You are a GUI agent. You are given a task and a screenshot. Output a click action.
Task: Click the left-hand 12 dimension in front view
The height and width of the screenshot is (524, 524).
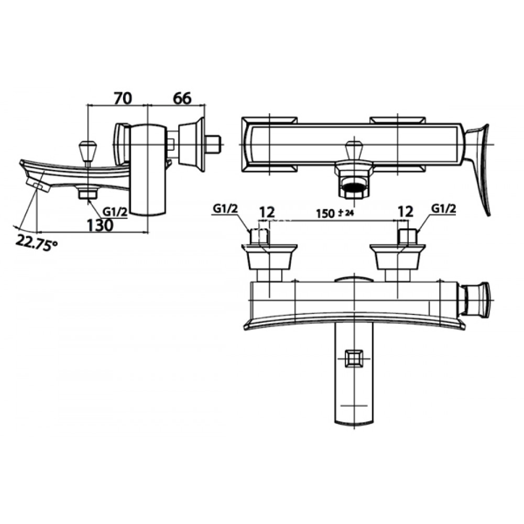tap(267, 212)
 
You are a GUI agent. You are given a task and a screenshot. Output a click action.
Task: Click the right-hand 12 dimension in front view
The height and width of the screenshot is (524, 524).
tap(405, 212)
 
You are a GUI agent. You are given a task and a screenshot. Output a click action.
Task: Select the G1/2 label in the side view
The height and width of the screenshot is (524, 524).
tap(114, 212)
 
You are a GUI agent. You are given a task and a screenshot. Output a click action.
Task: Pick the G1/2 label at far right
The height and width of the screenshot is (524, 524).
tap(443, 209)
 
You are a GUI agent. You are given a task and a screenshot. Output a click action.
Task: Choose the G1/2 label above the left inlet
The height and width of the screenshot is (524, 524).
tap(226, 209)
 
